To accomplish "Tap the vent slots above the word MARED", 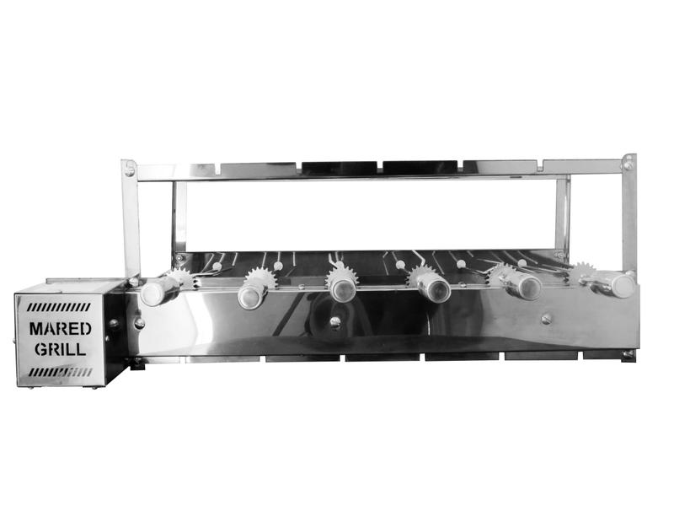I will pos(58,307).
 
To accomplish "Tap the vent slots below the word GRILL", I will pos(58,371).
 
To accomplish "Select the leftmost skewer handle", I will pos(157,292).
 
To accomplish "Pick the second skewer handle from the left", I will pos(252,294).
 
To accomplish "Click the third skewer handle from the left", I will pos(343,289).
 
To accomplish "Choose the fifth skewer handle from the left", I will pos(527,287).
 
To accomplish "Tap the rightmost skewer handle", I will pos(619,285).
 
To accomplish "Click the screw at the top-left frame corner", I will pos(129,170).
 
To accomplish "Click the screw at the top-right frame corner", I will pos(628,164).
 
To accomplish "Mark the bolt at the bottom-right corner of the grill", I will pos(627,355).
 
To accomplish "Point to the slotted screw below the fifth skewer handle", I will pos(546,319).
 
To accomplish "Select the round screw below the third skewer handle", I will pos(334,321).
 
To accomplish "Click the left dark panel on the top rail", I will pos(340,168).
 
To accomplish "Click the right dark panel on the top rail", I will pos(420,167).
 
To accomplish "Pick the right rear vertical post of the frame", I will pos(562,215).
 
